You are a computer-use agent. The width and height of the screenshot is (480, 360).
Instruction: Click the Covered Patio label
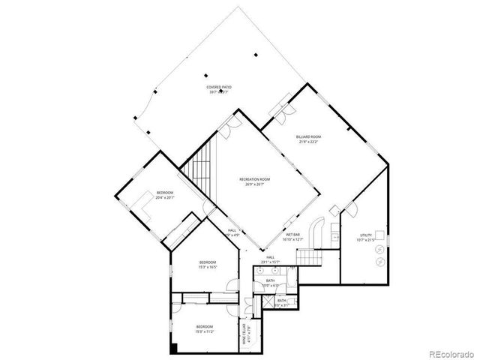click(x=219, y=89)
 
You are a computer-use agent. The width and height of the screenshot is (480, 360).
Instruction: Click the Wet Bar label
click(x=292, y=238)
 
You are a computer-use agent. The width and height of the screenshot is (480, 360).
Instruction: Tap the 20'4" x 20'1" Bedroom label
click(x=165, y=196)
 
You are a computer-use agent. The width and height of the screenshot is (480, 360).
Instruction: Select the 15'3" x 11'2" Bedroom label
click(x=205, y=328)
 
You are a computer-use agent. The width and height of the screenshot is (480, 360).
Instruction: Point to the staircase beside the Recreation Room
click(x=201, y=169)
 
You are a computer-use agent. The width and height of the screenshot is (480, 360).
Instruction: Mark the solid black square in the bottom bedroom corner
click(x=174, y=347)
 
